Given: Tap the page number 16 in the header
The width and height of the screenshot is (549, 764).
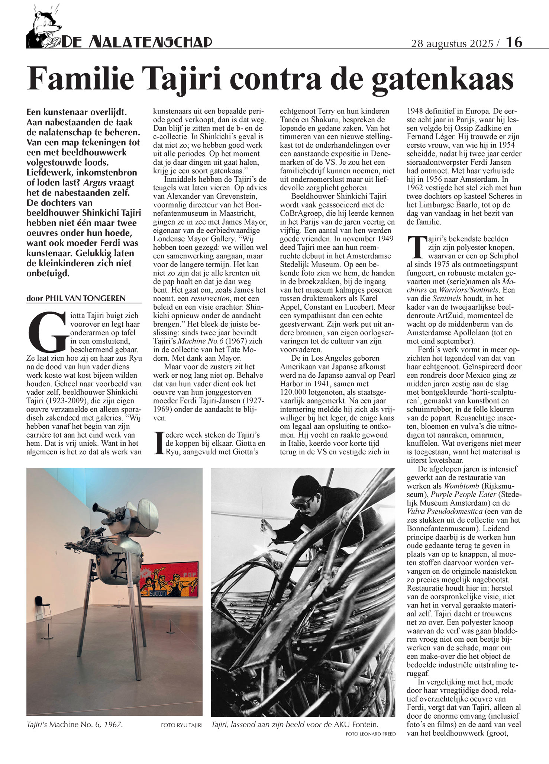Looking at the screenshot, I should tap(514, 42).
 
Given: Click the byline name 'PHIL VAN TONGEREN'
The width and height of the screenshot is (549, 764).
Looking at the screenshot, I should tap(85, 298).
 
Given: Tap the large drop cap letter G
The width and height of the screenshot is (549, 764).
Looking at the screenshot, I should tap(46, 332).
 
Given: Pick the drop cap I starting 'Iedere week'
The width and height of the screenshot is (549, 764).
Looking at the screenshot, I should tap(159, 443).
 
